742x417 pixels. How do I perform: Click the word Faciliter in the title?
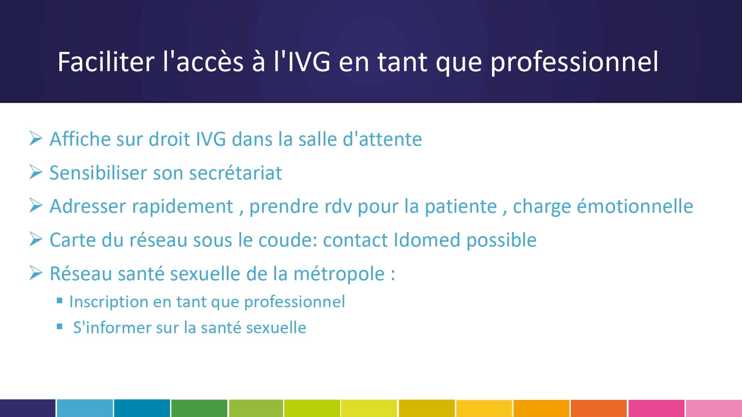(x=106, y=62)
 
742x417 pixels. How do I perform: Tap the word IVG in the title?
(x=309, y=62)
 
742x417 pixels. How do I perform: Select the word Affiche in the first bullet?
(x=80, y=139)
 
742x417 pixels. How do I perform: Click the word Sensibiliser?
(x=98, y=173)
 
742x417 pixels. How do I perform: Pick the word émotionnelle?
(x=635, y=206)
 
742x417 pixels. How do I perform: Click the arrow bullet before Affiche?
(x=36, y=138)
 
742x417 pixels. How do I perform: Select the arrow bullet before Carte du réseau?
(x=36, y=239)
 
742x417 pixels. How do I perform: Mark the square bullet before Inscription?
(x=60, y=301)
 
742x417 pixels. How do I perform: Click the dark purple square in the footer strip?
(x=28, y=408)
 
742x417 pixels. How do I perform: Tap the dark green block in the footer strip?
(x=199, y=408)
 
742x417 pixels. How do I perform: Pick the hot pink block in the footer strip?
(x=656, y=408)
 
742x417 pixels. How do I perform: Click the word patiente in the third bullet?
(x=461, y=206)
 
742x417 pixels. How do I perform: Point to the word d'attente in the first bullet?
(x=383, y=139)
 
